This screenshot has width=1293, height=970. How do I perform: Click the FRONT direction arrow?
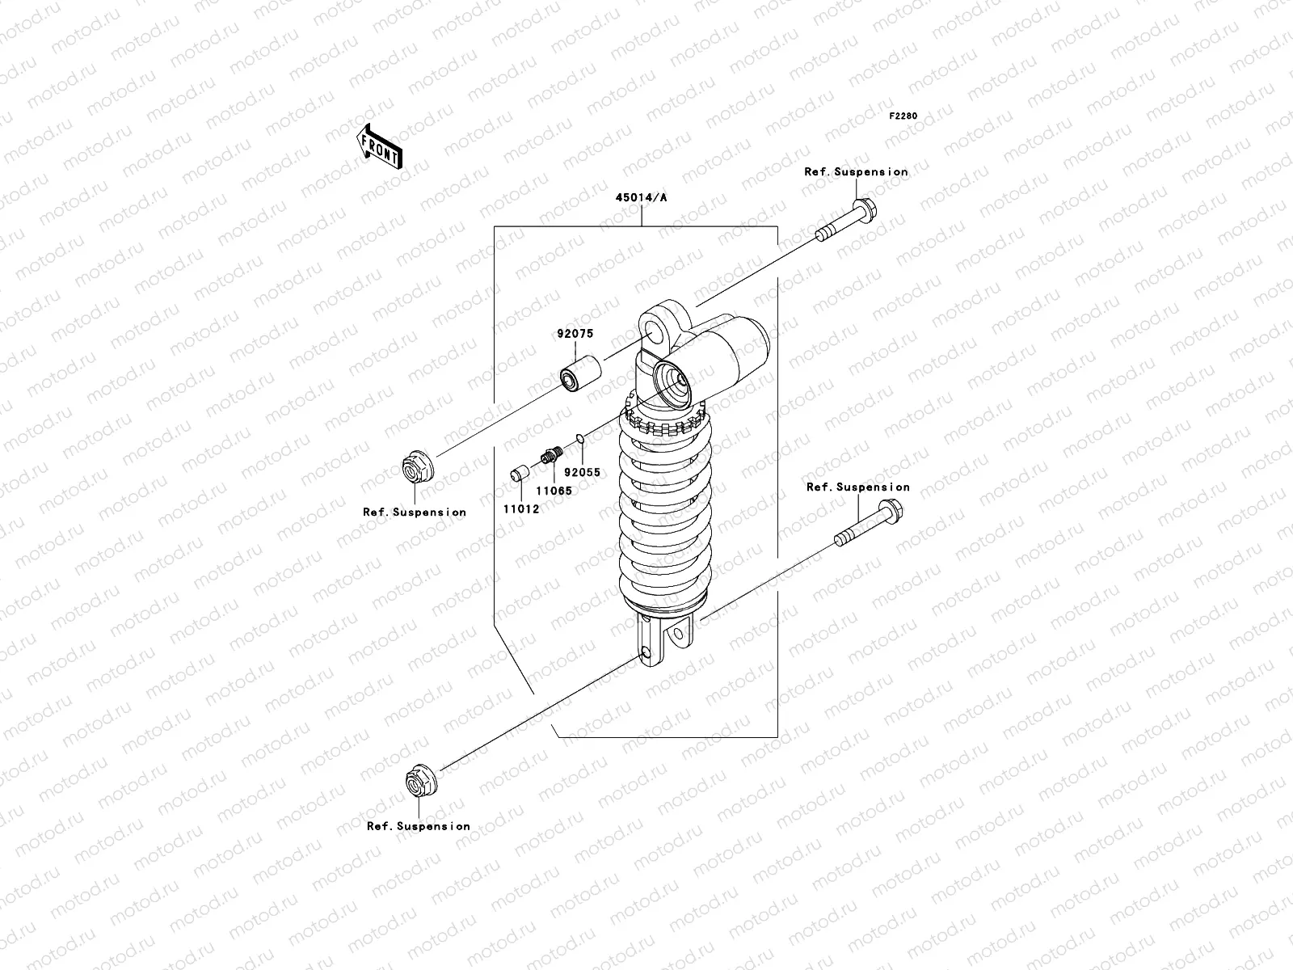(x=379, y=147)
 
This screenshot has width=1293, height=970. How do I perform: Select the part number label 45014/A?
(x=642, y=197)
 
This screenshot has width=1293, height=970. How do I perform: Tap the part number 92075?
(x=575, y=333)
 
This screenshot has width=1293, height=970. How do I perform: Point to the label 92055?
(x=582, y=472)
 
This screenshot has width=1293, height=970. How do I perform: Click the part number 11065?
(x=554, y=491)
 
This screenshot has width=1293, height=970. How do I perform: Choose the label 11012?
(x=521, y=509)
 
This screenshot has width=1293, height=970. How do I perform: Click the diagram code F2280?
(x=903, y=116)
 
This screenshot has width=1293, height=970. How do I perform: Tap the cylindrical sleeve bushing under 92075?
(x=580, y=373)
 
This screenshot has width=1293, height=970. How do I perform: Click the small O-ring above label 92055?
(x=579, y=438)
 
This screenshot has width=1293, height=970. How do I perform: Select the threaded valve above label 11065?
(x=552, y=454)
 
